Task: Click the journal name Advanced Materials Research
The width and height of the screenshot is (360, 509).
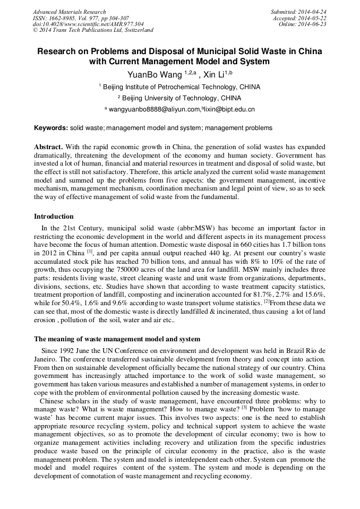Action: coord(70,12)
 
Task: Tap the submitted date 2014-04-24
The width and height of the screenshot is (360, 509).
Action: coord(298,12)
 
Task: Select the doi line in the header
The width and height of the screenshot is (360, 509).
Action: coord(88,24)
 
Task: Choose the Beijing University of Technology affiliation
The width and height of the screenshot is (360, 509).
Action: coord(182,98)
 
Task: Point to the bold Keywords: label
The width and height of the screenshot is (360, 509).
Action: coord(51,128)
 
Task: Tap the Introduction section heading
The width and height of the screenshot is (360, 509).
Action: coord(54,217)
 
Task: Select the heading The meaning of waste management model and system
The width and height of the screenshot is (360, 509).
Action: coord(117,339)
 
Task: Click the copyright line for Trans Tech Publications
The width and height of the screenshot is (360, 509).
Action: coord(93,30)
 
